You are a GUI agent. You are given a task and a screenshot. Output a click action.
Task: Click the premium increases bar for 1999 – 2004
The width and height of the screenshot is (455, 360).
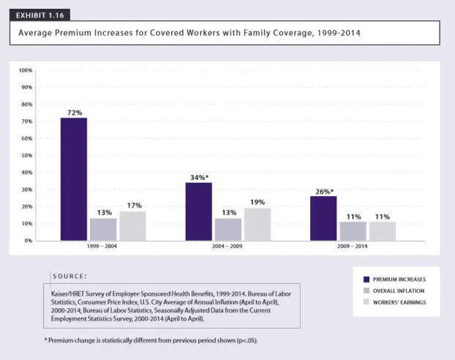click(x=73, y=179)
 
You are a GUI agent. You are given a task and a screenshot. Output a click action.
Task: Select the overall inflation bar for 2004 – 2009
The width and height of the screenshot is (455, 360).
click(x=227, y=229)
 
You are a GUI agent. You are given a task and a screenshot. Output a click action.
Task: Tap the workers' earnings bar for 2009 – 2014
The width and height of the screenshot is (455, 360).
click(x=382, y=230)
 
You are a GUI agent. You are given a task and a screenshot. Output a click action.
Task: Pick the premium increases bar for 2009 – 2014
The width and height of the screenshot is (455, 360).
click(x=323, y=218)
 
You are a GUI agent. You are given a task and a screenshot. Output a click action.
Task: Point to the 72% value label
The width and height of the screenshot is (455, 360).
click(x=73, y=113)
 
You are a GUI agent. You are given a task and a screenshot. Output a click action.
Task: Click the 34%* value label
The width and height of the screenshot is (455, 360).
click(x=199, y=177)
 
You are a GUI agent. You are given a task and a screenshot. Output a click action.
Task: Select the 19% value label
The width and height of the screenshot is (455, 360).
click(x=257, y=202)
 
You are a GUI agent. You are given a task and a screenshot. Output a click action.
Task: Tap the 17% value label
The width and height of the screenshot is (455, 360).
click(x=132, y=206)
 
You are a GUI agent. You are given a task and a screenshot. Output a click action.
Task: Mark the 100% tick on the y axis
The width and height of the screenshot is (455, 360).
click(x=25, y=70)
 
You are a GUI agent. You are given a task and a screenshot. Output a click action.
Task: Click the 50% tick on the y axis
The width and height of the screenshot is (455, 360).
click(x=26, y=155)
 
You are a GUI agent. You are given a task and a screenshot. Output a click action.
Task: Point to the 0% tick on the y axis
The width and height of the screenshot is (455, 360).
click(x=28, y=240)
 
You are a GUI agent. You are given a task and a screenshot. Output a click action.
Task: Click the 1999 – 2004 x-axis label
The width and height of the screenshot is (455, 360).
click(x=102, y=247)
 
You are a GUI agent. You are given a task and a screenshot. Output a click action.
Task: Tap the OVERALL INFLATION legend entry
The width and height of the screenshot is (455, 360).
click(x=399, y=290)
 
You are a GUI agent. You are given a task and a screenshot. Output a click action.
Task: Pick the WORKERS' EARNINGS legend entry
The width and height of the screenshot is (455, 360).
click(x=399, y=302)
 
